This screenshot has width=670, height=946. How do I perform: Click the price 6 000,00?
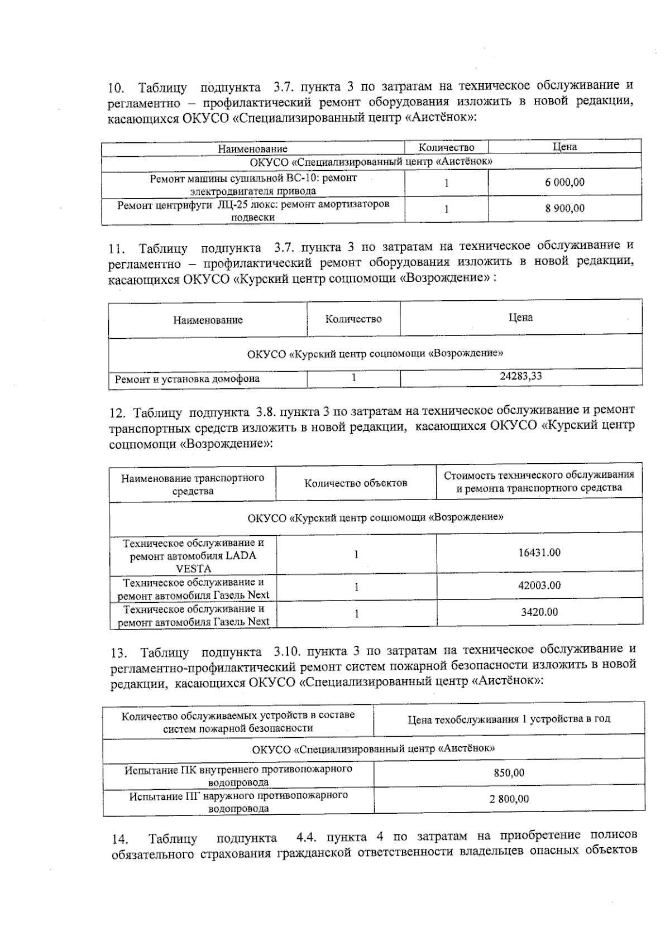click(564, 183)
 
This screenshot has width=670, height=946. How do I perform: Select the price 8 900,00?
click(564, 208)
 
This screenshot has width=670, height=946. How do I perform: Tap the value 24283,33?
click(520, 376)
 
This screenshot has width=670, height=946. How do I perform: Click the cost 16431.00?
click(539, 553)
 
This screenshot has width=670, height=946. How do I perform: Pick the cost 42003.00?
click(539, 585)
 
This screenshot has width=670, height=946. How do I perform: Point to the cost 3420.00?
click(539, 612)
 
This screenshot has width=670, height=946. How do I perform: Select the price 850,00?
click(509, 773)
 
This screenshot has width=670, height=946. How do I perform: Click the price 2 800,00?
click(509, 799)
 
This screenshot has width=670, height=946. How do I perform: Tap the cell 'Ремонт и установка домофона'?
click(187, 379)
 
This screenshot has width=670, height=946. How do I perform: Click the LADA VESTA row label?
click(193, 555)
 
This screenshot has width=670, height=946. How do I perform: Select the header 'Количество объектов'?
click(356, 483)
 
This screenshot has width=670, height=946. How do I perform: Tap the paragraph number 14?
click(120, 839)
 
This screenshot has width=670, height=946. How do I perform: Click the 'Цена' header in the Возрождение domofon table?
click(520, 318)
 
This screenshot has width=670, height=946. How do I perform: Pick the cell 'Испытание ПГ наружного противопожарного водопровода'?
click(238, 801)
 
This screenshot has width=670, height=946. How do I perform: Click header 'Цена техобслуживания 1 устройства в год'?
click(509, 719)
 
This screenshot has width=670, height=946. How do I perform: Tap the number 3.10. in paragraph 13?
click(289, 651)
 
